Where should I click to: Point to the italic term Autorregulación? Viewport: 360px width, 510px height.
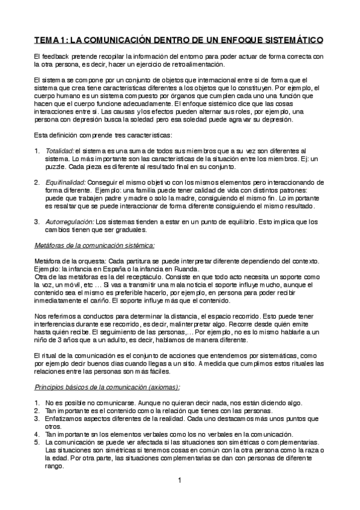click(x=70, y=221)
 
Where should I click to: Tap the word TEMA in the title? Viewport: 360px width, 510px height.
click(x=47, y=40)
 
